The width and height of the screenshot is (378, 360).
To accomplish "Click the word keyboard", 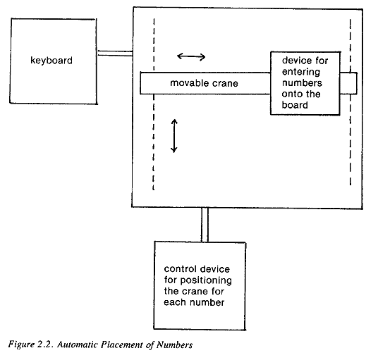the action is point(51,61).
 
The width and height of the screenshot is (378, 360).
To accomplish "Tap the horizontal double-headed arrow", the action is point(191,56).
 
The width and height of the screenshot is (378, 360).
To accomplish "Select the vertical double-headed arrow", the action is point(174,136).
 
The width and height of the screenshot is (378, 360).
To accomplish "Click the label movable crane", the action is point(204,83).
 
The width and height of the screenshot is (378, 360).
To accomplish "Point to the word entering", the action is point(301,72).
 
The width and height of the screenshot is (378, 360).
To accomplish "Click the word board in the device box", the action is point(295,105).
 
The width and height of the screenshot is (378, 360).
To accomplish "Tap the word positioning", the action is point(206,280).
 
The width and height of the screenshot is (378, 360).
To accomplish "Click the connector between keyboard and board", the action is point(115,54).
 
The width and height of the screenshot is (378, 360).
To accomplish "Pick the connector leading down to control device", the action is point(205,225).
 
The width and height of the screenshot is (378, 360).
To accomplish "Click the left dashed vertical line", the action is point(154,104).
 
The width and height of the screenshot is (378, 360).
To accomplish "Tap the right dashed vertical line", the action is point(350,102).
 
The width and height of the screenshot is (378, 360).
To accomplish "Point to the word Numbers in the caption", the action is point(174,345).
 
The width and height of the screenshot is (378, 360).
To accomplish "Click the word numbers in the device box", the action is point(302,83).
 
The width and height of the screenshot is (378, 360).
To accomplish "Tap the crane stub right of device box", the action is point(348,83).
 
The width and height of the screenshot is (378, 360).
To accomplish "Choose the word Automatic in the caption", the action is point(77,345).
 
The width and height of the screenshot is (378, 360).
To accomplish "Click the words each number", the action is point(194,302).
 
